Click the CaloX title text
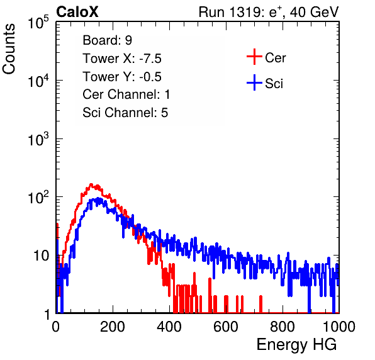pos(77,12)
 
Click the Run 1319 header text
pos(269,13)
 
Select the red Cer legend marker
pos(254,57)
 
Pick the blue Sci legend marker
pos(254,82)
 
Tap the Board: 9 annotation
pos(107,40)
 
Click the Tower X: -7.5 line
pos(122,59)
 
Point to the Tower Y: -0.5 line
pos(122,77)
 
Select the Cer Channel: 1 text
pos(126,94)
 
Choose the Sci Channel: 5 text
pos(125,113)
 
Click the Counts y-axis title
pos(9,49)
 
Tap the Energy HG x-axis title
pos(296,345)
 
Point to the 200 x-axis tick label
pos(113,327)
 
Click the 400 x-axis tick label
pos(169,327)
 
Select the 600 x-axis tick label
pos(226,327)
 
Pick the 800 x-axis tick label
pos(283,327)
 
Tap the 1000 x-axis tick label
pos(339,327)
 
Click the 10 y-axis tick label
pos(41,256)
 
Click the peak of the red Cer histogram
pos(91,184)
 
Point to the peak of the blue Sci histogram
pos(98,198)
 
